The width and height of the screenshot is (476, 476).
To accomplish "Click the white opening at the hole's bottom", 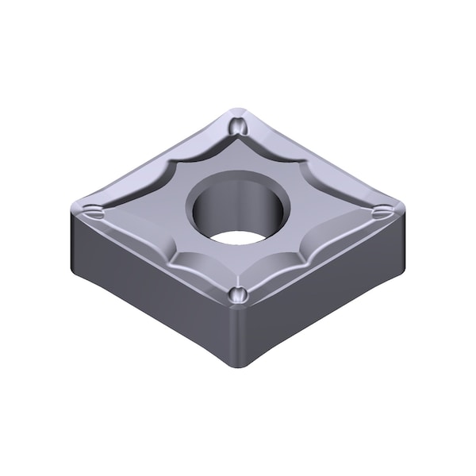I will coord(240,236).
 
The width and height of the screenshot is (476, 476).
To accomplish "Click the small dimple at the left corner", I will coord(94,212).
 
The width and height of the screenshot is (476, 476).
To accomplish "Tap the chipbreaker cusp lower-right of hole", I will coord(298,254).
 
